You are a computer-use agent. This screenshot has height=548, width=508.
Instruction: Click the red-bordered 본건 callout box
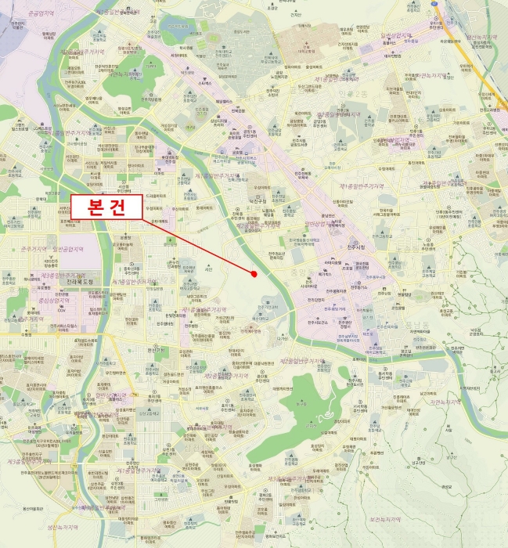point(106,207)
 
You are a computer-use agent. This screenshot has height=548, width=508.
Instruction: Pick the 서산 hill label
point(208,269)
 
